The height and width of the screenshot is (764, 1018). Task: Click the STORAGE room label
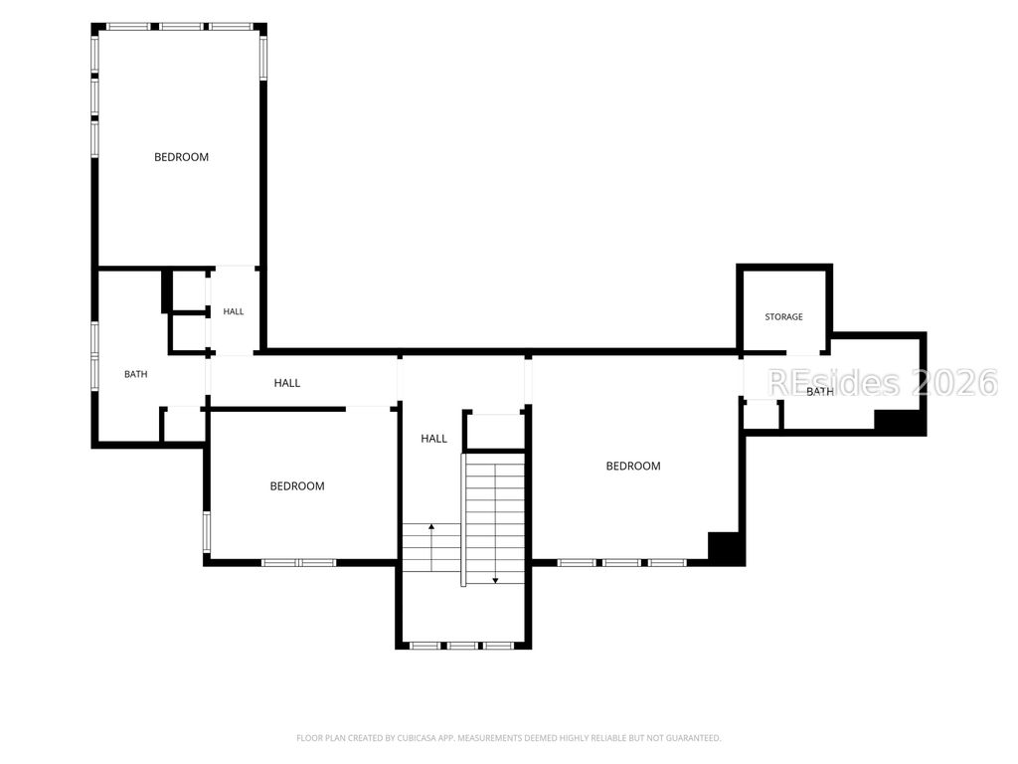pyautogui.click(x=783, y=317)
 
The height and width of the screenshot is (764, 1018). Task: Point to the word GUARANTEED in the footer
pyautogui.click(x=697, y=738)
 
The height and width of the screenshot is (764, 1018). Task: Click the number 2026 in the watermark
pyautogui.click(x=954, y=383)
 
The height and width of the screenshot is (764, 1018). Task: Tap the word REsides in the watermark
pyautogui.click(x=834, y=383)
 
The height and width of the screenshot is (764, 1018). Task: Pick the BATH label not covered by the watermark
pyautogui.click(x=135, y=374)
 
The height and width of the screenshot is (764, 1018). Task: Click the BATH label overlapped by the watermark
pyautogui.click(x=820, y=392)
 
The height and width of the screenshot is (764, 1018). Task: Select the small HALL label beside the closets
pyautogui.click(x=233, y=311)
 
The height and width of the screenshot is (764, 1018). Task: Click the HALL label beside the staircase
pyautogui.click(x=433, y=439)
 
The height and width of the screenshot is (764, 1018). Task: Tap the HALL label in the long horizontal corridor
pyautogui.click(x=287, y=383)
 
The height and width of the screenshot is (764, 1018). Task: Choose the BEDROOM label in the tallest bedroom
pyautogui.click(x=181, y=157)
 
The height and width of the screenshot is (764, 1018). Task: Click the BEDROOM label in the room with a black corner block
pyautogui.click(x=633, y=466)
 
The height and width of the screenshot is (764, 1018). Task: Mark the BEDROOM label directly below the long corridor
pyautogui.click(x=297, y=485)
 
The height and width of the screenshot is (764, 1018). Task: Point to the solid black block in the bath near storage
pyautogui.click(x=899, y=421)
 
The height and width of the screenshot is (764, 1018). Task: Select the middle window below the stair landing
pyautogui.click(x=462, y=646)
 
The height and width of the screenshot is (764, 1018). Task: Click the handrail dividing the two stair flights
pyautogui.click(x=463, y=519)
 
